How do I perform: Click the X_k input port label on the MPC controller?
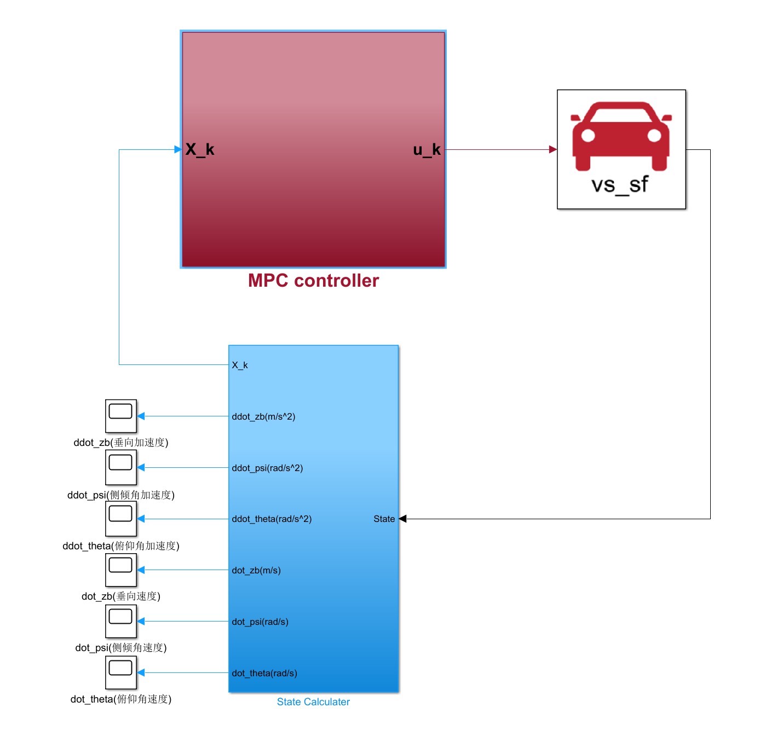click(x=199, y=149)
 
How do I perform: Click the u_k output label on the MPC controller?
click(x=427, y=149)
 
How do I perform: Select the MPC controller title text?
click(x=313, y=281)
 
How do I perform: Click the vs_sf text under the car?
click(x=620, y=185)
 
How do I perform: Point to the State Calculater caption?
click(x=313, y=702)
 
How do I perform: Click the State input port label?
click(x=384, y=519)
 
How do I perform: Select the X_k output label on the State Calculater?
click(x=240, y=365)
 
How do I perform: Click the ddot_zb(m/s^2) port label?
click(x=263, y=416)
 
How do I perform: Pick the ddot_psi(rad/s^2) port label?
click(x=267, y=468)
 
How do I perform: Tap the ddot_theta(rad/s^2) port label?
click(x=272, y=519)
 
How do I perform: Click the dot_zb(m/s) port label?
click(x=256, y=570)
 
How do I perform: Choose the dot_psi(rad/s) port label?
click(x=260, y=622)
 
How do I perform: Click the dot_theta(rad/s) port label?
click(x=264, y=673)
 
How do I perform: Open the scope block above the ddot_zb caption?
click(x=121, y=416)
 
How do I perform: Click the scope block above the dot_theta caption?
click(x=121, y=672)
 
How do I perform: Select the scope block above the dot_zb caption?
click(x=121, y=570)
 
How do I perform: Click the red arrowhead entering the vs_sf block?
click(x=553, y=149)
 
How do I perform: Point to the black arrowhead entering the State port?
click(x=402, y=519)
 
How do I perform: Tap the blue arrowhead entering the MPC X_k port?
click(x=178, y=149)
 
